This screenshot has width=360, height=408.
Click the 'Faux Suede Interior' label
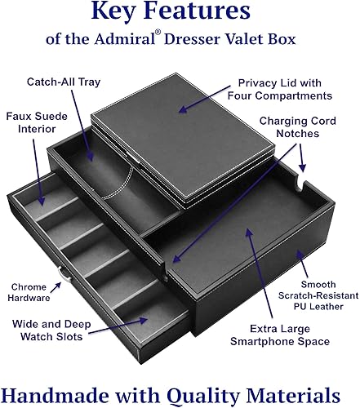32,123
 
